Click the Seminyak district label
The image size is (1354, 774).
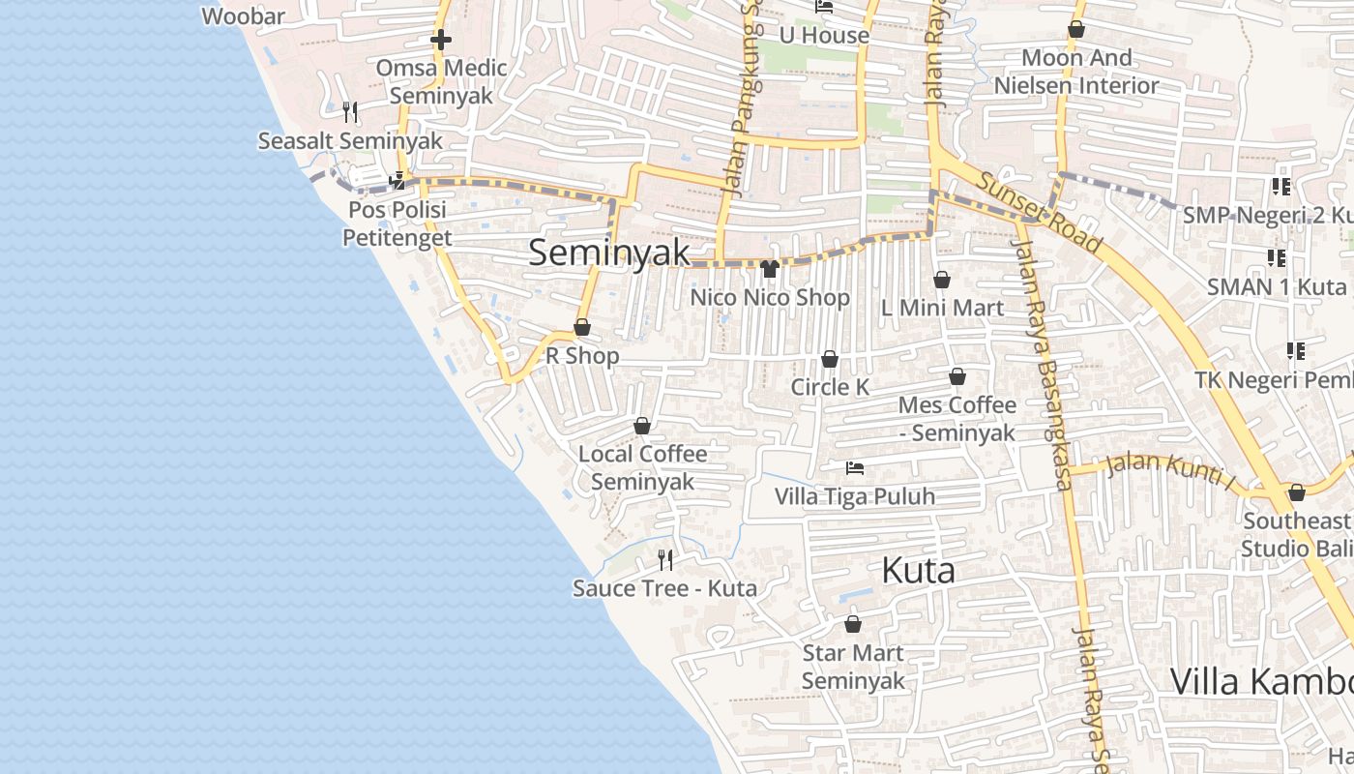point(609,253)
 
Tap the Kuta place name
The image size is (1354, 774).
point(918,571)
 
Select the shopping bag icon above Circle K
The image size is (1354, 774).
point(830,359)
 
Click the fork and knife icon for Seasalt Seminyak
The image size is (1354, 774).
point(350,112)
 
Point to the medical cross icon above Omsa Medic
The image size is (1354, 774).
point(441,40)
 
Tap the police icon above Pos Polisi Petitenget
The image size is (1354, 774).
point(397,180)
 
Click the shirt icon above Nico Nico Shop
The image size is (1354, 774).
point(770,268)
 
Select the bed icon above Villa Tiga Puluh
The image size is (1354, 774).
point(855,468)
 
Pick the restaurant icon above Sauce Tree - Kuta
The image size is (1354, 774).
point(665,559)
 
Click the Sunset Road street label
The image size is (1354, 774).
point(1039,213)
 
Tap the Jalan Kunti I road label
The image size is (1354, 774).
point(1171,469)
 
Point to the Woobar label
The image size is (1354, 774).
point(244,16)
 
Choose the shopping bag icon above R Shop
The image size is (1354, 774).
point(582,327)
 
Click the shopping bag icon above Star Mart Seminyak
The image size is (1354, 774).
point(853,624)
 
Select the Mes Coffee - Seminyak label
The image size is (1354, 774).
point(957,418)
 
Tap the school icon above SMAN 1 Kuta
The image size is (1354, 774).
point(1277,258)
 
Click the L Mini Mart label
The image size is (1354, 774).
point(942,308)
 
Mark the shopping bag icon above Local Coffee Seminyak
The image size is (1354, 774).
point(642,426)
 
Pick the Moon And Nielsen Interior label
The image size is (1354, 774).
point(1076,72)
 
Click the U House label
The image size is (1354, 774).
point(824,36)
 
